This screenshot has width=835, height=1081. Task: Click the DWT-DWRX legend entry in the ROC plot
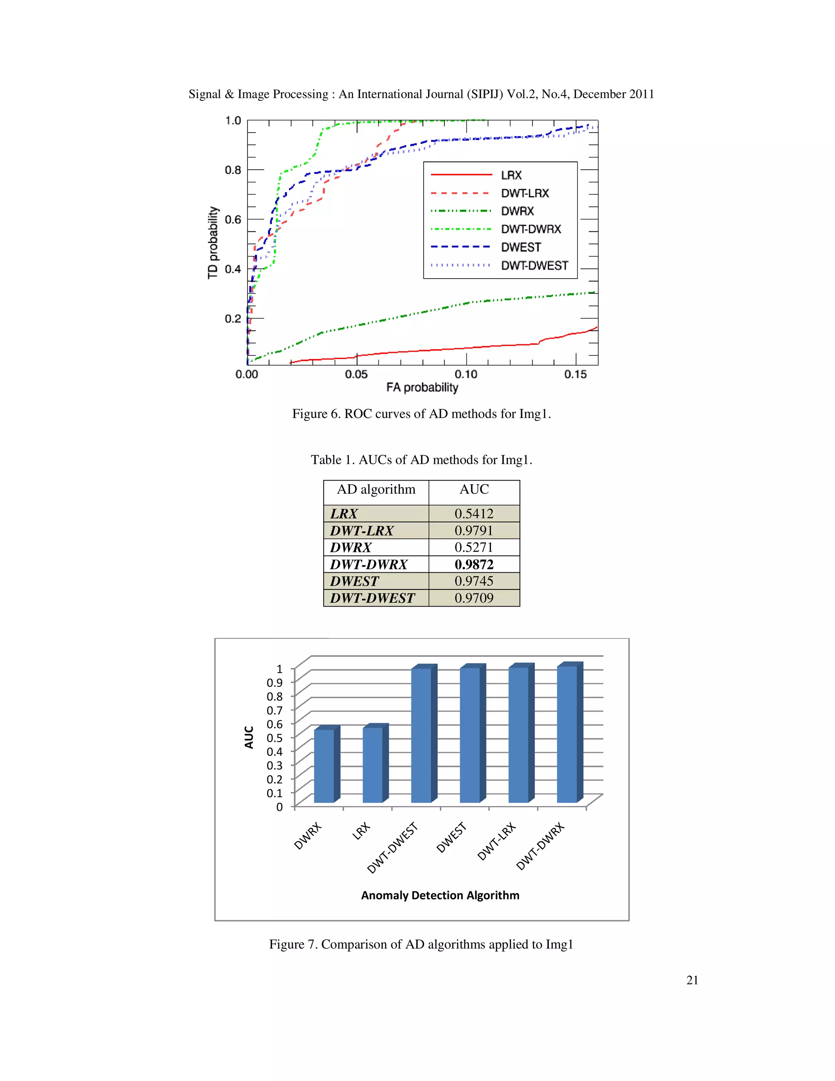coord(531,229)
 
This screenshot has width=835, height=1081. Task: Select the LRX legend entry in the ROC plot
coord(511,175)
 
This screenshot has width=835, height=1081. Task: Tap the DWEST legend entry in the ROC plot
coord(521,247)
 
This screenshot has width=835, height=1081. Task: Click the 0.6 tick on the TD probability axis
coord(233,219)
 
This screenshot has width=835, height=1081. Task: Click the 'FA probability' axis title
coord(422,388)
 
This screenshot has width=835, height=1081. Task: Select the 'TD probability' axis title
coord(213,243)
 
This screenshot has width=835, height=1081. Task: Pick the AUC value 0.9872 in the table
coord(474,564)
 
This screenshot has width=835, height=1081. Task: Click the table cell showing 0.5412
coord(474,513)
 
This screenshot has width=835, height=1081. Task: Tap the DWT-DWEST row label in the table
coord(373,598)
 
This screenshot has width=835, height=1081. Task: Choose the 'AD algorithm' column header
coord(376,490)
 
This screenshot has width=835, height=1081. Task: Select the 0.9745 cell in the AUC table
coord(474,581)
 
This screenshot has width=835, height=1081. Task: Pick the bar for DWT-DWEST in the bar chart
coord(421,735)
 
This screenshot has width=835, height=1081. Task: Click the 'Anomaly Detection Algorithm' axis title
coord(440,895)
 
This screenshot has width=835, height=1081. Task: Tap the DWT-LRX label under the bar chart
coord(496,842)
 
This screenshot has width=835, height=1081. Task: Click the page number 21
coord(692,980)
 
